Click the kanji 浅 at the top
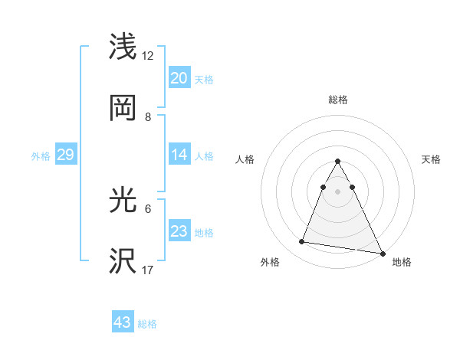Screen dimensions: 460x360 point(124,47)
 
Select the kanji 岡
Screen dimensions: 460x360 point(124,108)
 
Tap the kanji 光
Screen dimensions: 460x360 point(124,201)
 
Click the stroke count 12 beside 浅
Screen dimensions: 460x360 point(148,56)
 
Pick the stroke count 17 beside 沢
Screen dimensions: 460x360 point(148,270)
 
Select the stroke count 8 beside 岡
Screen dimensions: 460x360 point(148,116)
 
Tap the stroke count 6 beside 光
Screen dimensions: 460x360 point(148,208)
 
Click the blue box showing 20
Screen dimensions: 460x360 point(179,78)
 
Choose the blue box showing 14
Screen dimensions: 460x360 point(179,155)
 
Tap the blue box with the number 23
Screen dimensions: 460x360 point(179,231)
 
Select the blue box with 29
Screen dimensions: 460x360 point(65,155)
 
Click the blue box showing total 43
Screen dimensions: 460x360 point(122,322)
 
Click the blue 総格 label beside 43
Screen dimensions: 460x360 point(148,324)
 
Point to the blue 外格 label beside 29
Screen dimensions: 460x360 point(41,156)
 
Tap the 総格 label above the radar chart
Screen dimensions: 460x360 point(337,100)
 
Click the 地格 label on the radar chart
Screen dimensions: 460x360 point(402,263)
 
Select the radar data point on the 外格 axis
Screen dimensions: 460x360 point(302,242)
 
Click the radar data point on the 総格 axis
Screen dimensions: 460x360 point(337,161)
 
